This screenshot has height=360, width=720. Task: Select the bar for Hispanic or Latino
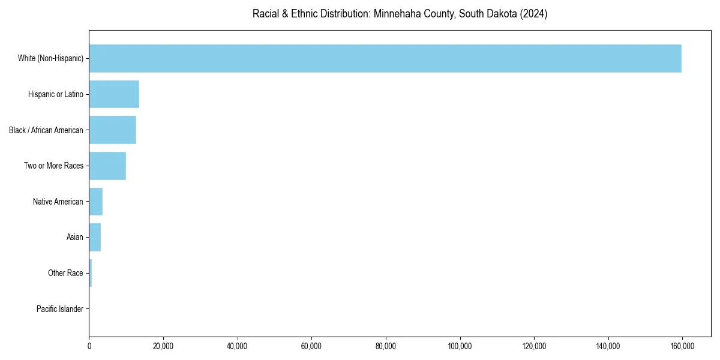pos(114,94)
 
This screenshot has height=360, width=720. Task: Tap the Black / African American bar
pos(113,130)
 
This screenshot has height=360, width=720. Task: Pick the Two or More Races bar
pos(107,166)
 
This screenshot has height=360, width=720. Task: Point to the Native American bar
pos(96,202)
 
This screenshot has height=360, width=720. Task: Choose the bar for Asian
pos(95,238)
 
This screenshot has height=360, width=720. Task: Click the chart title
pos(400,14)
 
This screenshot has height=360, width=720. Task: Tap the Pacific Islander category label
pos(60,309)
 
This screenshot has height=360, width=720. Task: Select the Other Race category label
pos(65,273)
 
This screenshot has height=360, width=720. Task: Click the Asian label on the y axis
pos(75,238)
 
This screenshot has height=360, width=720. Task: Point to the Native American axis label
pos(58,202)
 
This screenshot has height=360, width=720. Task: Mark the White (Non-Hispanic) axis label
pos(50,58)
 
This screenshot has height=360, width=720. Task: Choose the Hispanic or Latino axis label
pos(56,94)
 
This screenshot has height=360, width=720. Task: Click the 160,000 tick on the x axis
pos(682,346)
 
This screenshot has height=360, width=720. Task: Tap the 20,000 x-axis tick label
pos(163,346)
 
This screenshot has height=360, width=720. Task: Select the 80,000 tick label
pos(386,346)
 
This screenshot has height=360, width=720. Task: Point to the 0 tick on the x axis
pos(89,346)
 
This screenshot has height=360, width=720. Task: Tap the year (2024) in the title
pos(534,14)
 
